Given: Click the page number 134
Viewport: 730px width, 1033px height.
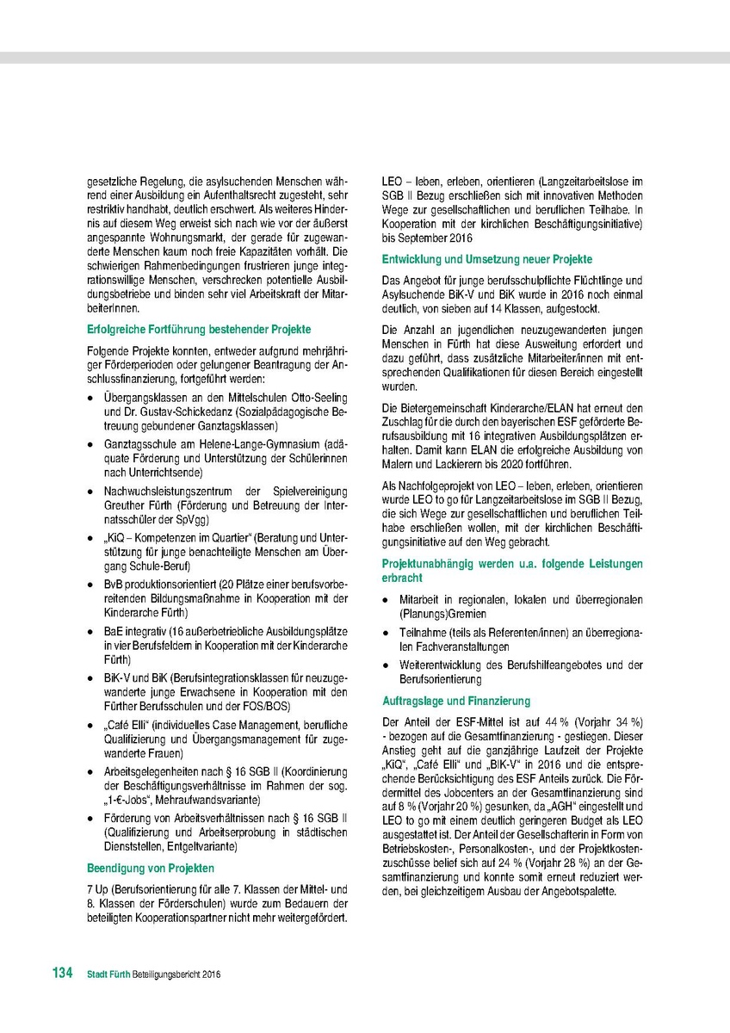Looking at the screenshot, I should [x=62, y=974].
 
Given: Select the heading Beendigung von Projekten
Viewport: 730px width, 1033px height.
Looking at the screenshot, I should [x=152, y=868].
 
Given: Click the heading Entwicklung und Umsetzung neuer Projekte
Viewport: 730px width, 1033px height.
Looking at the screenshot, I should [x=487, y=259].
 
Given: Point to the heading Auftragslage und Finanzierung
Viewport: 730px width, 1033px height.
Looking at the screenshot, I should [x=456, y=701].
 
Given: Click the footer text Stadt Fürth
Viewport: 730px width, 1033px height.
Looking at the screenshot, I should [x=108, y=975].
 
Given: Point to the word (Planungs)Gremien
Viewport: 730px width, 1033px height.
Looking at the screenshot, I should [x=443, y=614].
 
